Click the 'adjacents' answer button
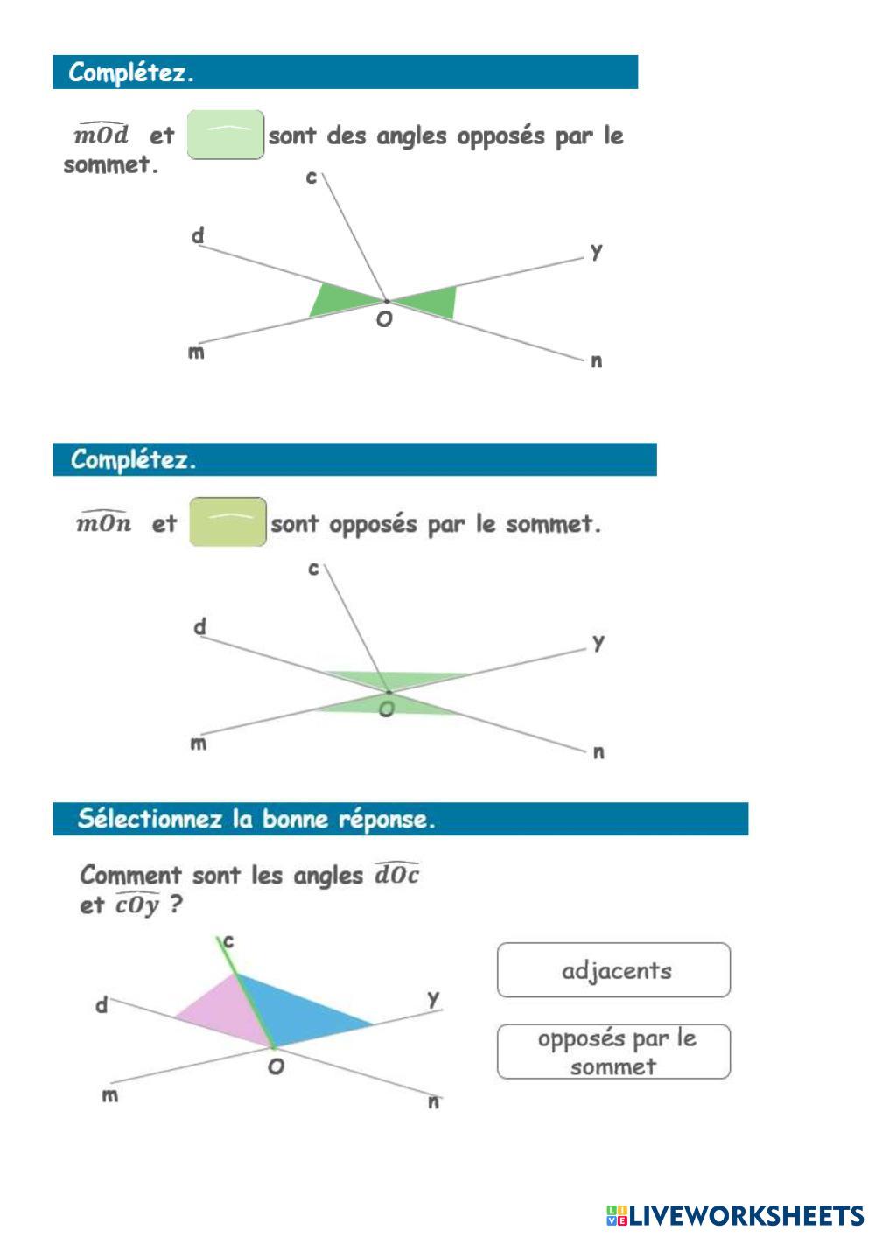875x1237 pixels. coord(613,970)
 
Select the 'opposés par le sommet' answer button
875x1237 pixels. coord(613,1052)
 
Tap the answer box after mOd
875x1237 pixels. coord(226,135)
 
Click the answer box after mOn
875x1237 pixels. coord(228,522)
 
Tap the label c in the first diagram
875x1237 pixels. coord(311,178)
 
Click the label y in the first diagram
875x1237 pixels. coord(596,251)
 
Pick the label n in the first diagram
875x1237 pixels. coord(597,360)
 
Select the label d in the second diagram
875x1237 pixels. coord(200,626)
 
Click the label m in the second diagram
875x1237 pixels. coord(199,744)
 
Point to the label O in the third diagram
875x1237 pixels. coord(276,1066)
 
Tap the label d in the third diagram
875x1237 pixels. coord(101,1006)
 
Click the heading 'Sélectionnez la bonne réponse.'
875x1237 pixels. coord(256,820)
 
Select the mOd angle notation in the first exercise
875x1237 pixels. coord(101,135)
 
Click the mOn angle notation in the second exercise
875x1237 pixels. coord(104,523)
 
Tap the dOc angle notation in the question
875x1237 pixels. coord(396,874)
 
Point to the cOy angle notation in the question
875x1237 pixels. coord(137,905)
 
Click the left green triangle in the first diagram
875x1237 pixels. coord(336,298)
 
